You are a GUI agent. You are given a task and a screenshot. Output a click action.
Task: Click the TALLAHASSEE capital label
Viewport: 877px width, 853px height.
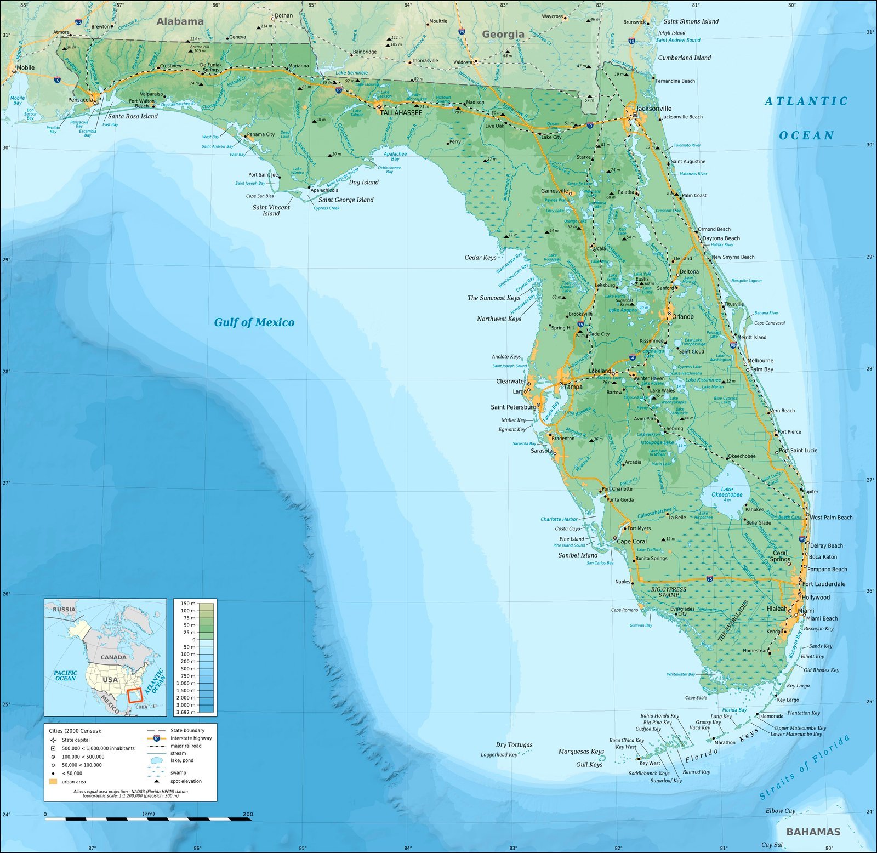point(401,112)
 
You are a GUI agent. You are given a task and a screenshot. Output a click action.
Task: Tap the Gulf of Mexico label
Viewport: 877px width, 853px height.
point(254,322)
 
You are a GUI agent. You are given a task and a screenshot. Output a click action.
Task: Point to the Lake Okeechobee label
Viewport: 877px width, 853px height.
point(727,492)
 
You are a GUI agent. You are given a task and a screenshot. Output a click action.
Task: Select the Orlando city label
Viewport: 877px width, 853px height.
point(683,316)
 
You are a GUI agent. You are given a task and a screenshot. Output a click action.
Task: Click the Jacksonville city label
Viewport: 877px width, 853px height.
point(654,109)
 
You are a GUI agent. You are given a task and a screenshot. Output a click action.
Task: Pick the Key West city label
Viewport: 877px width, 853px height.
point(650,763)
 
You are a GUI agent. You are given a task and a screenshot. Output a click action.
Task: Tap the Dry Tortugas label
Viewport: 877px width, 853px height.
point(514,744)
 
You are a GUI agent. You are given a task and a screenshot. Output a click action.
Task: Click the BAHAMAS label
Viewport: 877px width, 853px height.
point(813,832)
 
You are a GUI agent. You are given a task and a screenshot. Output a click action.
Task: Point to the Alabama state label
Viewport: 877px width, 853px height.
point(180,21)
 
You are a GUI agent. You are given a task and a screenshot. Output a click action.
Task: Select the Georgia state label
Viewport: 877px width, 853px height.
point(503,34)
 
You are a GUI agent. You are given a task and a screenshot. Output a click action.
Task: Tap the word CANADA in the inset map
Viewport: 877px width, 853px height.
point(113,657)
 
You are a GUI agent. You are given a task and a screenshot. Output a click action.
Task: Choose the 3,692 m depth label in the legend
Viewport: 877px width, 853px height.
point(185,712)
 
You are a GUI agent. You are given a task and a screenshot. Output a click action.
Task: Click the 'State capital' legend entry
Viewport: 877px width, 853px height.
point(76,740)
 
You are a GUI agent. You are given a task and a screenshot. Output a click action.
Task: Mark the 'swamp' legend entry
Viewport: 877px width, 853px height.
point(178,772)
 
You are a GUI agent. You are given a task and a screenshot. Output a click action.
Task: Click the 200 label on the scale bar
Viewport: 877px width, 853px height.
point(248,814)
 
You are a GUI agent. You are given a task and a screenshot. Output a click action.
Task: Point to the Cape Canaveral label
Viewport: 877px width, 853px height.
point(769,323)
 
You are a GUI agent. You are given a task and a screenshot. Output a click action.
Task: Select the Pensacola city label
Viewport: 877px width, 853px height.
point(81,100)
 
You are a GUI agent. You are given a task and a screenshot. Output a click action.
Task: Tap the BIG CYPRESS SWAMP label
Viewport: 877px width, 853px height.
point(669,592)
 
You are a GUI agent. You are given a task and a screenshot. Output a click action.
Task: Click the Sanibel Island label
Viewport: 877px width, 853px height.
point(578,555)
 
